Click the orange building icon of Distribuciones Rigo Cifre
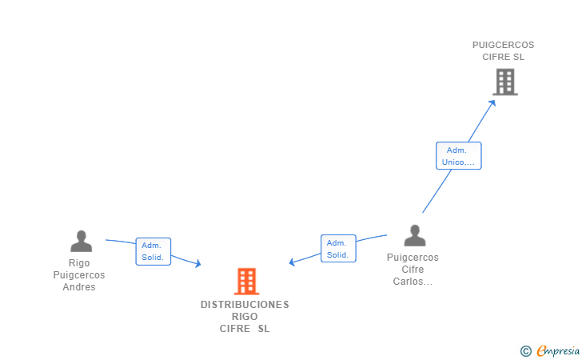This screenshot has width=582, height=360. (247, 282)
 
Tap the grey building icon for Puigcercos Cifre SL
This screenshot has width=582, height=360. (504, 82)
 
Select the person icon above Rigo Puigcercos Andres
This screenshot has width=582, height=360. (81, 241)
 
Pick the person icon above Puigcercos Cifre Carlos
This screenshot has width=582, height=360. (414, 235)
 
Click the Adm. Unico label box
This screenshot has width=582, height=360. (458, 155)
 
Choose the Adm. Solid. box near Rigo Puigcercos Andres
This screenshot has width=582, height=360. (153, 251)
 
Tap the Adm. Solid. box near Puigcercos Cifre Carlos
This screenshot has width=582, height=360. (338, 248)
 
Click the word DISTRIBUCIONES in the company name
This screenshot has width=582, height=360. (245, 305)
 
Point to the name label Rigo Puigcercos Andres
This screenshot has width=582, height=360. (79, 275)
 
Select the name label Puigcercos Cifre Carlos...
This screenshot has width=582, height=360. (413, 270)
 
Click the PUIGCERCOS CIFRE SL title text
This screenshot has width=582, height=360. (503, 51)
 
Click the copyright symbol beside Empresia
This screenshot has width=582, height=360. (525, 350)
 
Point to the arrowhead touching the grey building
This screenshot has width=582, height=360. (493, 101)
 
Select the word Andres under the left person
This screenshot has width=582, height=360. (79, 287)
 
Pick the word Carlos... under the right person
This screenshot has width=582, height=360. (413, 282)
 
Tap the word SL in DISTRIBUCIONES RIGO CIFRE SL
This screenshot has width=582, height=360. (264, 329)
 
